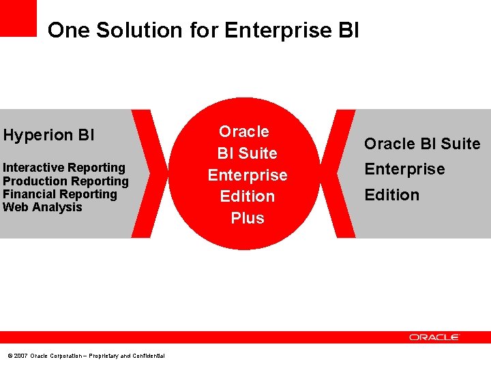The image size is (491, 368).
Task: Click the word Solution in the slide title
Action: click(139, 30)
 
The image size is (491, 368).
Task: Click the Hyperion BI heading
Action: click(48, 135)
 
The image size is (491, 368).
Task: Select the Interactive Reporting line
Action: click(64, 168)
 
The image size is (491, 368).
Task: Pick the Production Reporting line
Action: click(65, 181)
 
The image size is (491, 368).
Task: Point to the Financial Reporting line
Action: click(60, 194)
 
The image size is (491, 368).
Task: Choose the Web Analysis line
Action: click(42, 207)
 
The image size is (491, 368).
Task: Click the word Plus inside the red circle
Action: click(247, 218)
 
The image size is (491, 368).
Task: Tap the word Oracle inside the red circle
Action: click(243, 132)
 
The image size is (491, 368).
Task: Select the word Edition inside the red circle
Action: click(247, 196)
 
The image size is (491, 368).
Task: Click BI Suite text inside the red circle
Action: click(247, 153)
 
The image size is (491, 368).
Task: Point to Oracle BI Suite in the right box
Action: click(421, 144)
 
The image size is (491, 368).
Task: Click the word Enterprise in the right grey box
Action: click(404, 169)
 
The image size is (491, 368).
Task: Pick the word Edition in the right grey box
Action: click(391, 195)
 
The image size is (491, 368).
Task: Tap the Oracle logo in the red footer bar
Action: click(434, 337)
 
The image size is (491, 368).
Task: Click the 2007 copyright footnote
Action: click(85, 356)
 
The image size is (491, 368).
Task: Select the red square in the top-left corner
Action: click(18, 18)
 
